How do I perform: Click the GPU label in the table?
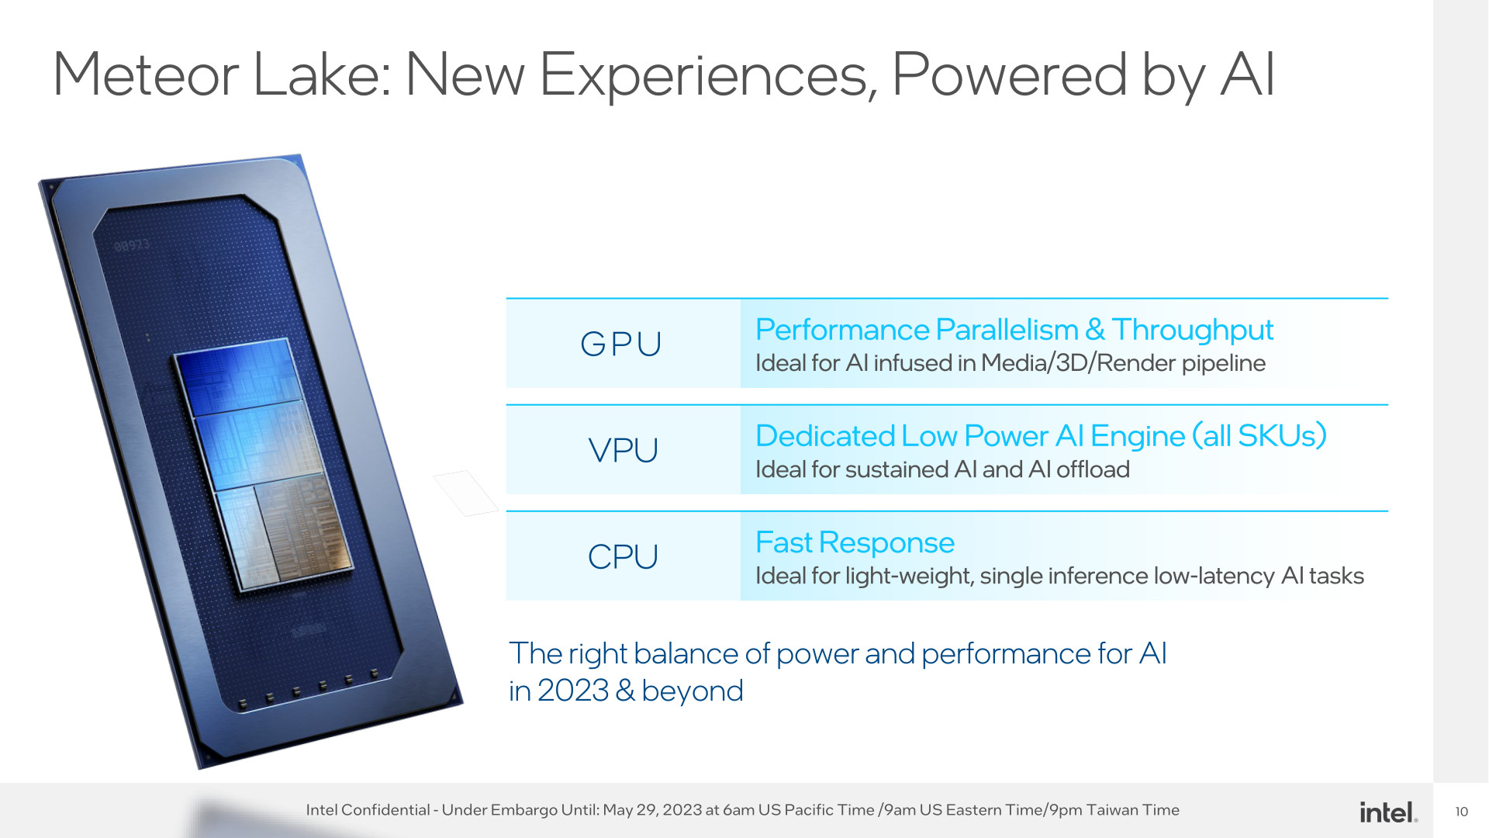click(x=621, y=344)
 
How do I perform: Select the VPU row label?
click(x=623, y=450)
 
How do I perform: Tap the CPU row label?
click(x=623, y=556)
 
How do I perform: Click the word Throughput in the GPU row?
click(x=1192, y=331)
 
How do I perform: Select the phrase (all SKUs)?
click(x=1259, y=436)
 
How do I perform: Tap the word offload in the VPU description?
click(x=1093, y=469)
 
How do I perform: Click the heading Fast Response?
click(x=855, y=542)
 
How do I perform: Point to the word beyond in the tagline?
click(x=693, y=691)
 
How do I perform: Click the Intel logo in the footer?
click(x=1388, y=812)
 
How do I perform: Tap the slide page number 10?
click(x=1462, y=812)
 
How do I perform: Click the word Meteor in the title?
click(x=146, y=74)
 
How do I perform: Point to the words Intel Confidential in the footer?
click(x=368, y=810)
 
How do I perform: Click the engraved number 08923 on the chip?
click(x=132, y=246)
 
